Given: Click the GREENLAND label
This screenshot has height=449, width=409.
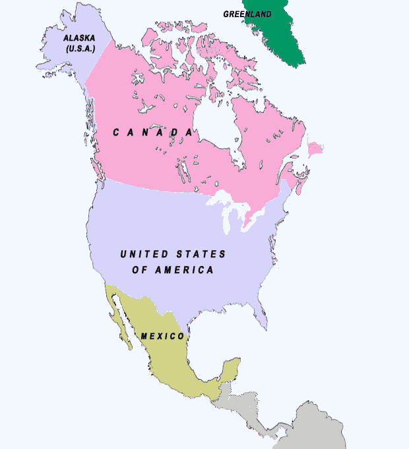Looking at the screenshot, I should point(247,14).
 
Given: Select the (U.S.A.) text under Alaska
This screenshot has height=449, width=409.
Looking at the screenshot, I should point(80,49).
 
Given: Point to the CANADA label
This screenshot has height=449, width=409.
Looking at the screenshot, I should point(152,132).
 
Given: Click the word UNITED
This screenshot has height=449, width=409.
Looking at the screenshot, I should point(141,254).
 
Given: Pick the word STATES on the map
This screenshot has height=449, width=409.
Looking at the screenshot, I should point(201,254).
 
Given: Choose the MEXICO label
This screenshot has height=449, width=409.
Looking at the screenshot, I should point(162,336).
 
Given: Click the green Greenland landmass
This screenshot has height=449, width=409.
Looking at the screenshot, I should point(277,33).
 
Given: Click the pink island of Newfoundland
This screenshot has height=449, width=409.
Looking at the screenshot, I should point(315,149).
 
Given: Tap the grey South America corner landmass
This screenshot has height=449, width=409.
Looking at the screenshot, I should point(320,428).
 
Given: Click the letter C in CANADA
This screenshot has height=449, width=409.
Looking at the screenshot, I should point(116,132).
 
